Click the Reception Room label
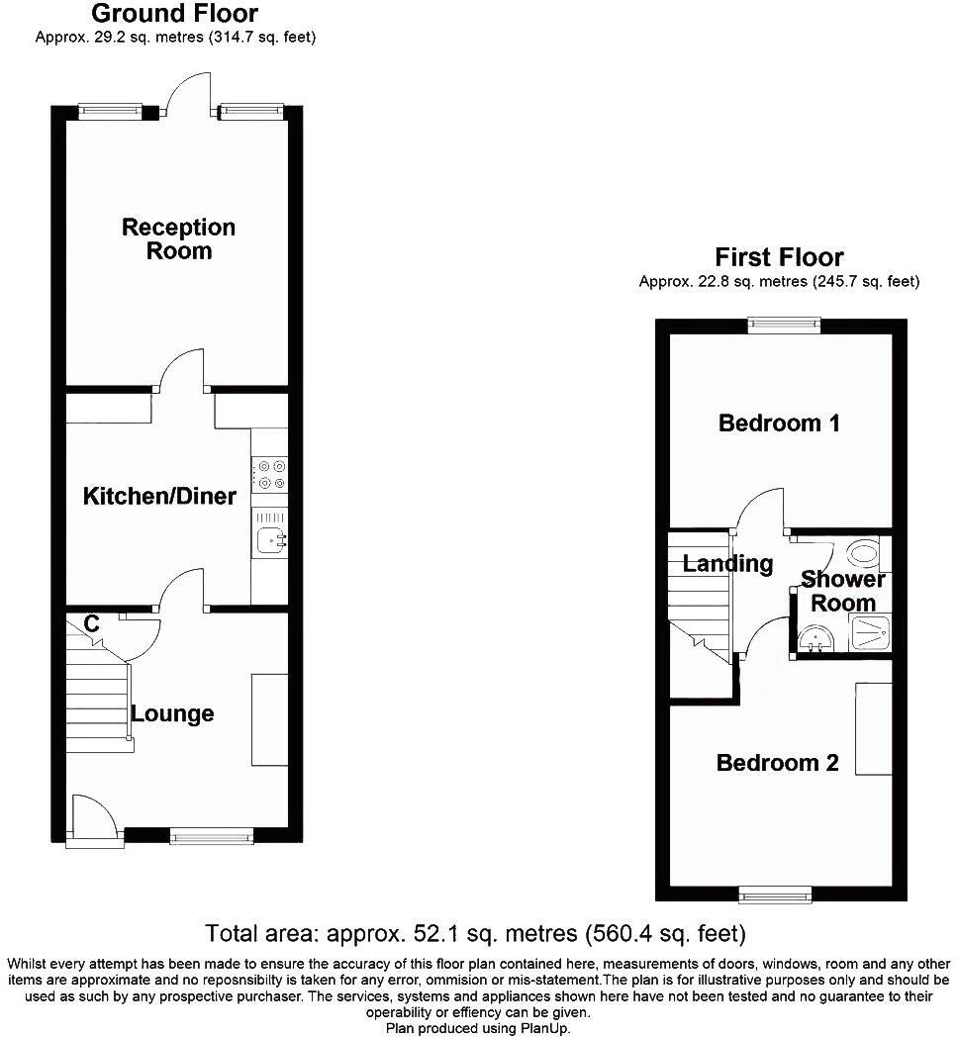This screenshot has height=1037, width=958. [178, 238]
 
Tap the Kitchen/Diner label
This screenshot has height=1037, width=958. [159, 496]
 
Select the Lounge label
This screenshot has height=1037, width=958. [172, 713]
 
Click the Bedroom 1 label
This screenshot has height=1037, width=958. [779, 424]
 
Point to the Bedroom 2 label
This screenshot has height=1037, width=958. [777, 763]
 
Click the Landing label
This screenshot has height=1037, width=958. [727, 564]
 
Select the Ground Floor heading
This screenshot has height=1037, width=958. [174, 14]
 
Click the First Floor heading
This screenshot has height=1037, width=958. [779, 259]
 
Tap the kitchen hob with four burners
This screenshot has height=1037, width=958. [270, 473]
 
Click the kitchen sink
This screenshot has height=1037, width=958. [270, 539]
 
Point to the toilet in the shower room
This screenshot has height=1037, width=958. [863, 552]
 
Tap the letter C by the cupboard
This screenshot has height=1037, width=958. [91, 623]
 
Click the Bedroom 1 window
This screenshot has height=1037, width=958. [784, 325]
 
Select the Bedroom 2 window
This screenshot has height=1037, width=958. [777, 896]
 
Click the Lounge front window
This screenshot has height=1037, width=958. [211, 837]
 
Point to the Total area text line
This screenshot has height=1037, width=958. [475, 933]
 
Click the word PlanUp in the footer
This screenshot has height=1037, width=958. [544, 1027]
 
